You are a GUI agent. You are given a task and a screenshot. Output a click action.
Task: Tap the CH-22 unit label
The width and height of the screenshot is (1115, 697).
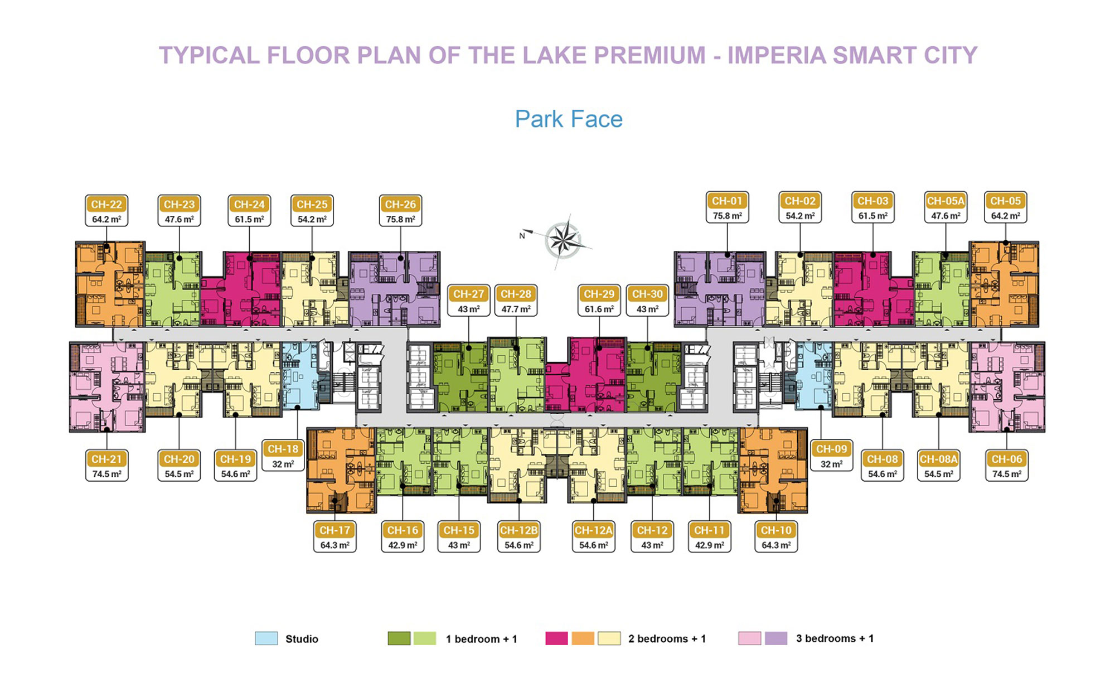tap(106, 204)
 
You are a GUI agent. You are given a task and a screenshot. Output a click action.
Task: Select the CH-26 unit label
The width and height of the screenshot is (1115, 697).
tap(400, 204)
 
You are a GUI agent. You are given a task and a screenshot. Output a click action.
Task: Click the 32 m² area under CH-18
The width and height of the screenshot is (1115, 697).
tap(283, 464)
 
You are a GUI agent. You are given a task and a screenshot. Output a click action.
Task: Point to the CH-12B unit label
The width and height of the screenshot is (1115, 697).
tap(518, 530)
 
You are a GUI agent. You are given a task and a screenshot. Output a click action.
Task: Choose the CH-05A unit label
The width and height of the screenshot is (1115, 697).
tap(946, 201)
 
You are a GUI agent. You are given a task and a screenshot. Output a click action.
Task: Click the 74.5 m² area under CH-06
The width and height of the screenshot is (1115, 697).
tap(1007, 474)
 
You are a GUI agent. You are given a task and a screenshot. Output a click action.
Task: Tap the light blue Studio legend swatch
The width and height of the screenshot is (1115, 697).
tap(266, 638)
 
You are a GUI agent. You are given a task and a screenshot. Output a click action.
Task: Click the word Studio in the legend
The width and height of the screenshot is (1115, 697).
tap(302, 639)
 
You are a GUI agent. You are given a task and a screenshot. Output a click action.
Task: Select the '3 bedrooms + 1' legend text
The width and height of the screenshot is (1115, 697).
tap(835, 638)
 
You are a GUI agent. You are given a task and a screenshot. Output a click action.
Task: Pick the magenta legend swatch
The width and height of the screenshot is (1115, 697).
tap(556, 638)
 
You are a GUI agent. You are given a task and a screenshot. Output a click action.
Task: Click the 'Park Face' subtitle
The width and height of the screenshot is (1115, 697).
tap(569, 119)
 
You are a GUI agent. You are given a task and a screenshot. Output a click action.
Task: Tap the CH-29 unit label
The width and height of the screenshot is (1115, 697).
tap(599, 294)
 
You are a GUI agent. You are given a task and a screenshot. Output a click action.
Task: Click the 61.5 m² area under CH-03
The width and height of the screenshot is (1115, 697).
tap(873, 216)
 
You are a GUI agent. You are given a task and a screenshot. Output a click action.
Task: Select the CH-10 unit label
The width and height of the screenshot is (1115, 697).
tap(776, 530)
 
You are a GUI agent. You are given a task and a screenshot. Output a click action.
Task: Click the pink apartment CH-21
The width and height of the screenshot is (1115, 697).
tap(106, 388)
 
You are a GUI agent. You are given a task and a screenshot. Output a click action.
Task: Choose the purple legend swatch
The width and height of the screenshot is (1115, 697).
tap(776, 638)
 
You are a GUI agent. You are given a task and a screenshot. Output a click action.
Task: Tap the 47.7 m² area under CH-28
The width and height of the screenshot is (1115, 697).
tap(516, 309)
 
